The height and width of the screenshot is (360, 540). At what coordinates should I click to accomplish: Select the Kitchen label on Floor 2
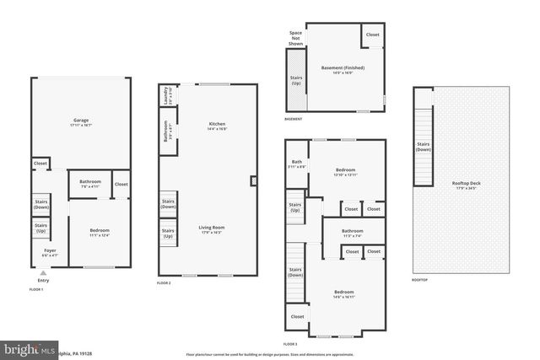coord(217,126)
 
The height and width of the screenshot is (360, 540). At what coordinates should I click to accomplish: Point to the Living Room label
coord(211,228)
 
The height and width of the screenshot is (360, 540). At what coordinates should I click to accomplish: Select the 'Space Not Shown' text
coord(295,38)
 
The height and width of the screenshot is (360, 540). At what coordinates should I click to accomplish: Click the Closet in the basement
coord(372,35)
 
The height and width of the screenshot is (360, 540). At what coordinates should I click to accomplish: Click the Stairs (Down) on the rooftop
coord(424,147)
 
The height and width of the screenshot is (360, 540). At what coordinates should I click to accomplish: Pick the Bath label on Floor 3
coord(297,164)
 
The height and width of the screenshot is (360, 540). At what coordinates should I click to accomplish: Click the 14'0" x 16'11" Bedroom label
coord(348,293)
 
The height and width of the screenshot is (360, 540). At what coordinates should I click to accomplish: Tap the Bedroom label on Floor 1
coord(100,232)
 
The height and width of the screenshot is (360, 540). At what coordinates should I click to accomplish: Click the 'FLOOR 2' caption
coord(164,283)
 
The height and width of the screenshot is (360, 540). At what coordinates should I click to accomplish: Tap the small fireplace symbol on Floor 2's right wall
coord(254,180)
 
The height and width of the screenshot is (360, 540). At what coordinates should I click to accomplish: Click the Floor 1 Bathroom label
coord(90,183)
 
